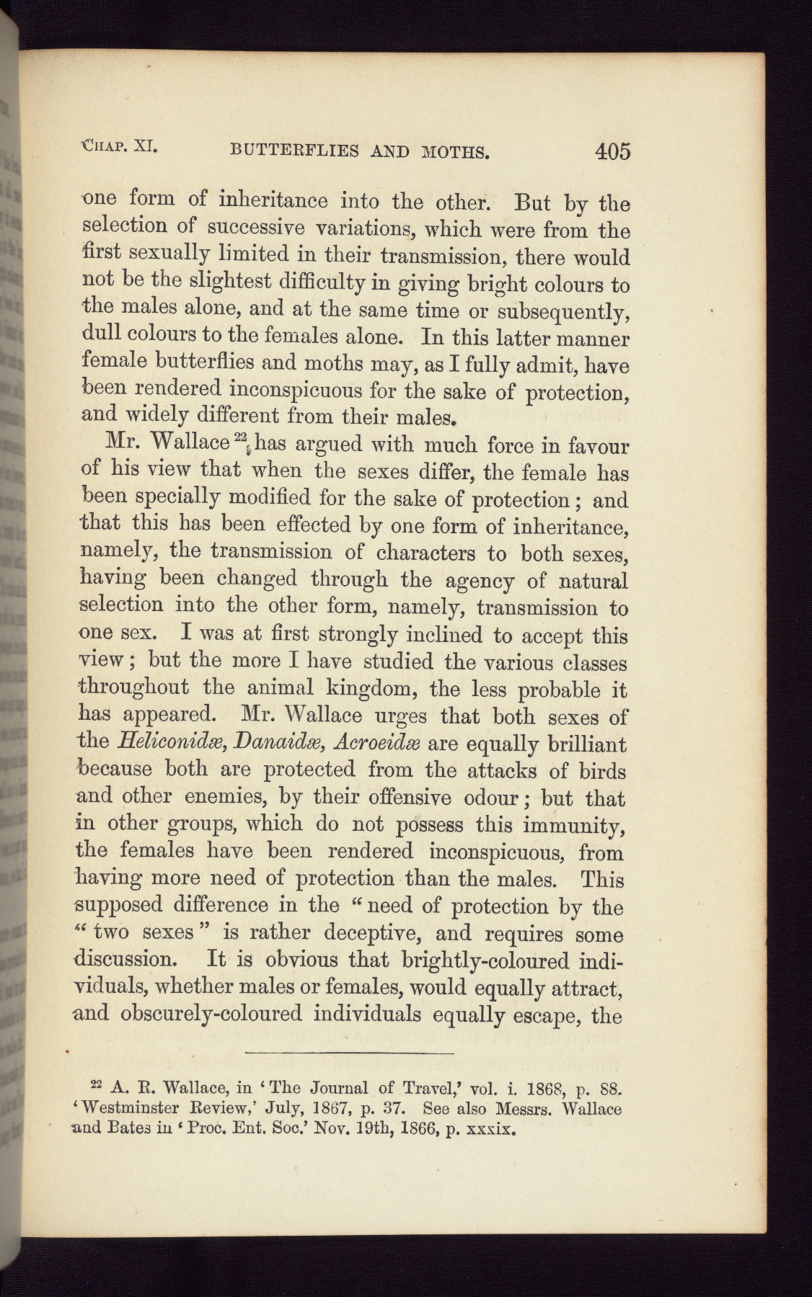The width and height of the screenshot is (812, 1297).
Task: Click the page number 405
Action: coord(613,151)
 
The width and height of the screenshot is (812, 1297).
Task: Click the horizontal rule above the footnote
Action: coord(349,1054)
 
